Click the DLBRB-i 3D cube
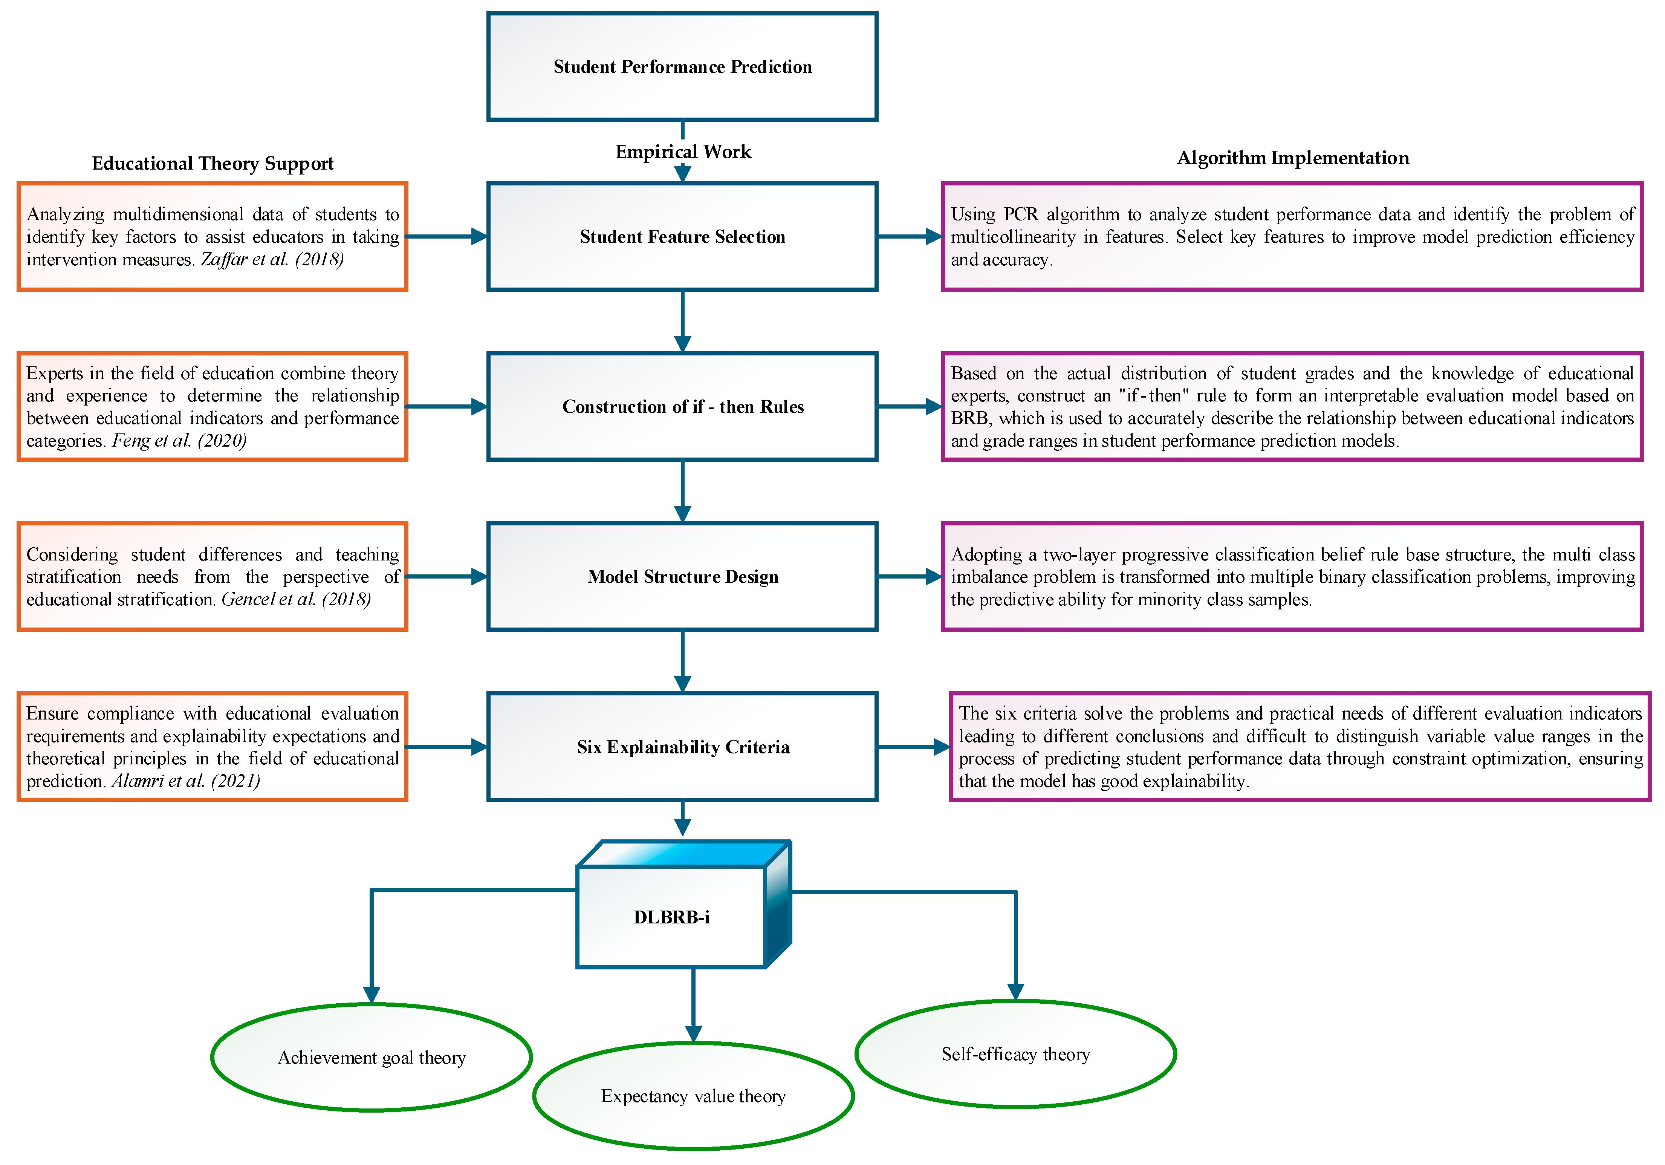click(671, 917)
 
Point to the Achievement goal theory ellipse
click(371, 1058)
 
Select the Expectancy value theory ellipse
click(693, 1096)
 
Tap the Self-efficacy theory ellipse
click(1015, 1054)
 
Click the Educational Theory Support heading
click(213, 163)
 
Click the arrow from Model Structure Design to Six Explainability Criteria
click(682, 660)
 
